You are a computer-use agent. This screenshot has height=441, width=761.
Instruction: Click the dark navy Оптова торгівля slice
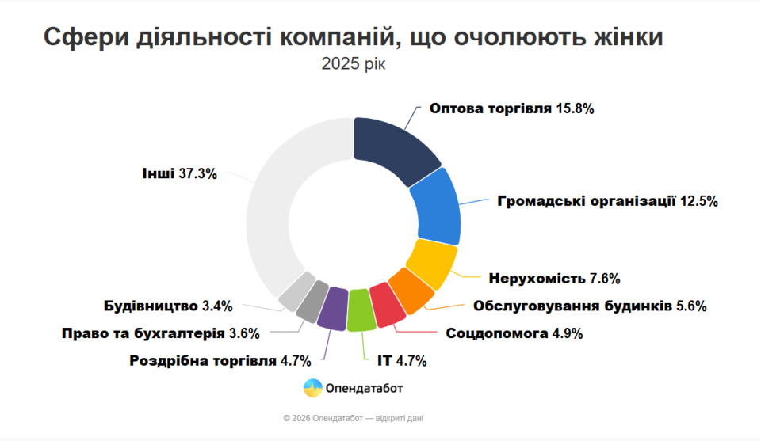tap(392, 149)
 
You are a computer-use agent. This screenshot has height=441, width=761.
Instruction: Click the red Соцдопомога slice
tap(387, 305)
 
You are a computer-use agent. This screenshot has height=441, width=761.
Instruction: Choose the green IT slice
tap(360, 310)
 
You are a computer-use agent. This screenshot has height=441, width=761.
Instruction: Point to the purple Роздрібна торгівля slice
tap(333, 307)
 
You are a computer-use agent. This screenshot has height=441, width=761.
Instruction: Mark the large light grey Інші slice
tap(277, 206)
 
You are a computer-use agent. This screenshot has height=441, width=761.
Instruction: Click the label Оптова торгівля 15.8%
tap(511, 108)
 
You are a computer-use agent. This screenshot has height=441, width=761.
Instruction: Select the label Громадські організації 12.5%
tap(607, 201)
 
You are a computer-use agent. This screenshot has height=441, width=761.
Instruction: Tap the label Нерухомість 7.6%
tap(554, 279)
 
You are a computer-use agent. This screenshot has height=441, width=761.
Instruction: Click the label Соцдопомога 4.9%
tap(514, 333)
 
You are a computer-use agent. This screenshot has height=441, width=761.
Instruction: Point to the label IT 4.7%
tap(401, 362)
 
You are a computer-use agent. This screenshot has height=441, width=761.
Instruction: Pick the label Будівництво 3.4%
tap(167, 306)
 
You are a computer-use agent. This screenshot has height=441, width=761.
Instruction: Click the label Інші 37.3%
tap(180, 173)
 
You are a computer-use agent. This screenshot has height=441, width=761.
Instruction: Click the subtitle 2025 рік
tap(354, 64)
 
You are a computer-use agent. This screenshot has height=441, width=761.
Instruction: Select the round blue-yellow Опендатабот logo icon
tap(313, 388)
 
